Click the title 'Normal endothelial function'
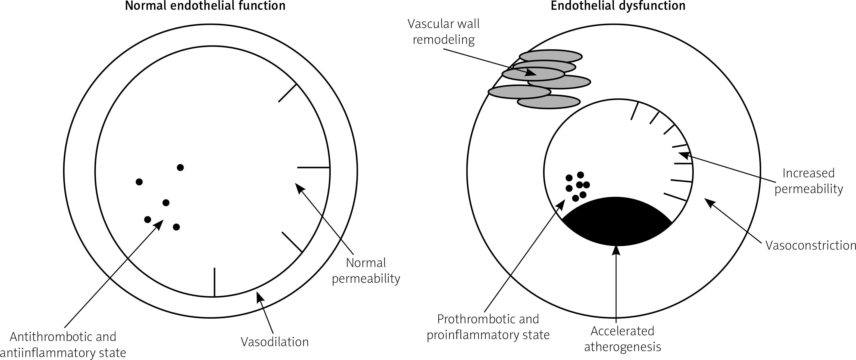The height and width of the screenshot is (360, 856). [x=205, y=6]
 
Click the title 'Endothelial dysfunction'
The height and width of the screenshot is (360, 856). [x=618, y=6]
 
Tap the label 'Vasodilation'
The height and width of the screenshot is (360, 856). [x=274, y=342]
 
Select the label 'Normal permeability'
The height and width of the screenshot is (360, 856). [x=366, y=271]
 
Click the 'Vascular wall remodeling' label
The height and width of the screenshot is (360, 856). [x=443, y=32]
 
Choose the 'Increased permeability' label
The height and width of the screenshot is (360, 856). [x=808, y=181]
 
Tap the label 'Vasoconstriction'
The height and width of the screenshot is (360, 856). [x=810, y=245]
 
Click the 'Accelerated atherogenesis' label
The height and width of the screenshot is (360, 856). [x=622, y=339]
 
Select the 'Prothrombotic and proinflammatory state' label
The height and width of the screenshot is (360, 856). [x=488, y=327]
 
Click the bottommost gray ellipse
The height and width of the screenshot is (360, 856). [x=548, y=102]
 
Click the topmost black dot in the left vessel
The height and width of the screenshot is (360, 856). [x=180, y=167]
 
